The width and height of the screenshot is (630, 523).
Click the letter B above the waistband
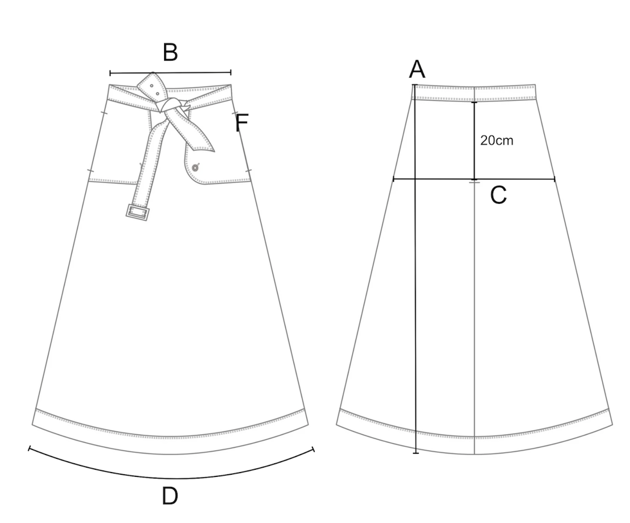click(171, 53)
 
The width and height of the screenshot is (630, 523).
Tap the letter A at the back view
click(417, 69)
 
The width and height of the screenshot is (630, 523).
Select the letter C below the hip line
click(499, 195)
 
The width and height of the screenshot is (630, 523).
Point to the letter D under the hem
click(170, 496)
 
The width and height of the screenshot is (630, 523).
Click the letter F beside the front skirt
click(242, 123)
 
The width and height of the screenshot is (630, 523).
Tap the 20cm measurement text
click(496, 140)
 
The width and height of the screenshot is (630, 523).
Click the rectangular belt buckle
click(137, 212)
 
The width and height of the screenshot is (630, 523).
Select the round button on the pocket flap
click(195, 168)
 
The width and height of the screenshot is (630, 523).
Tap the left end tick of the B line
click(110, 74)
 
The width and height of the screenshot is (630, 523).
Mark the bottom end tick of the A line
click(416, 453)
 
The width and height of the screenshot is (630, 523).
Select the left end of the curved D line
click(29, 449)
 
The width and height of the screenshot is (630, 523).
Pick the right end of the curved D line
click(314, 450)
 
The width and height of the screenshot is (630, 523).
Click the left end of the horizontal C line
click(394, 179)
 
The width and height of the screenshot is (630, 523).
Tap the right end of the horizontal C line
click(555, 179)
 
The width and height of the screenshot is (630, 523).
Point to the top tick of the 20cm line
click(475, 102)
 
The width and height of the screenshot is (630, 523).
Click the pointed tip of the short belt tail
click(213, 150)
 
